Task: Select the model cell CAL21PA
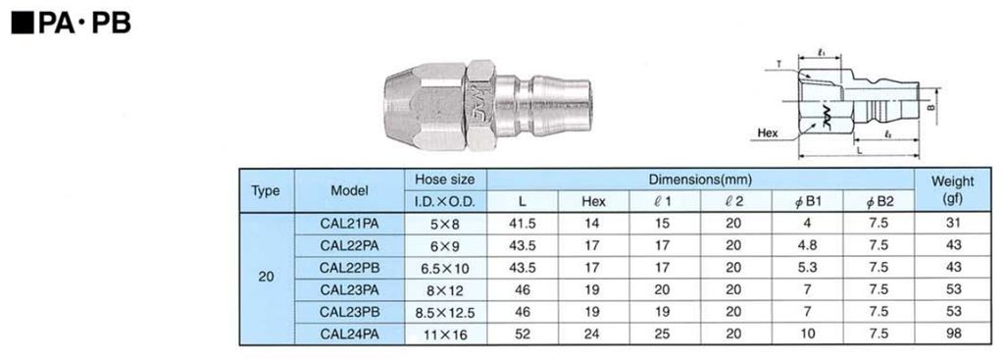350,224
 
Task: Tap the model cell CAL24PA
350,334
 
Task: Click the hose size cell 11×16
445,334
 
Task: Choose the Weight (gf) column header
953,190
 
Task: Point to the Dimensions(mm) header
700,180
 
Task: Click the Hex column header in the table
593,202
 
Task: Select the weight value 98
953,334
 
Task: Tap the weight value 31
953,224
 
